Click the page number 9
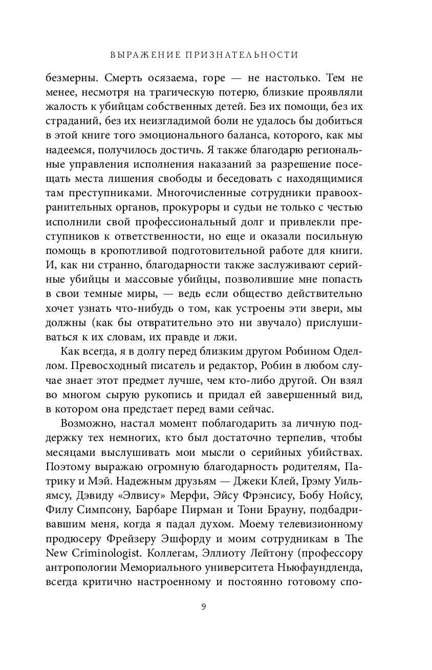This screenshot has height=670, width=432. (x=204, y=607)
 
